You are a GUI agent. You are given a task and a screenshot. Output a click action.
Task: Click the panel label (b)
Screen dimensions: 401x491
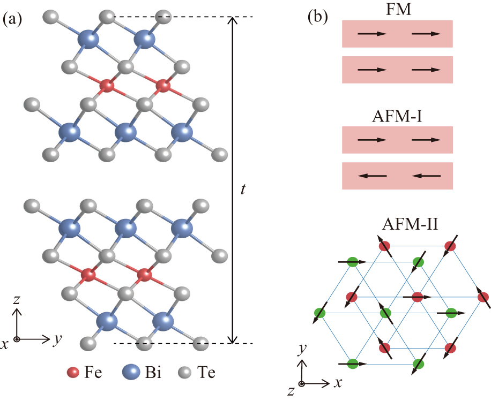[317, 17]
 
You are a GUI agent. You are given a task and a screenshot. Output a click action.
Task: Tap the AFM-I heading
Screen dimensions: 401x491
[397, 116]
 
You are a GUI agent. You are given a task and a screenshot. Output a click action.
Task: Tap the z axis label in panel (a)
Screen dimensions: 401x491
[17, 300]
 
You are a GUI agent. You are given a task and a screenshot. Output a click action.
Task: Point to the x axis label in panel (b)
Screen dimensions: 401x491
[338, 383]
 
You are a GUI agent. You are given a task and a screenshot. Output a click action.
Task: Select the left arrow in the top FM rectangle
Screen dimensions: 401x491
[372, 34]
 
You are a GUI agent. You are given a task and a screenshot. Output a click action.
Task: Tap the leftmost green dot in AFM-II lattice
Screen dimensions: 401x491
[320, 312]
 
